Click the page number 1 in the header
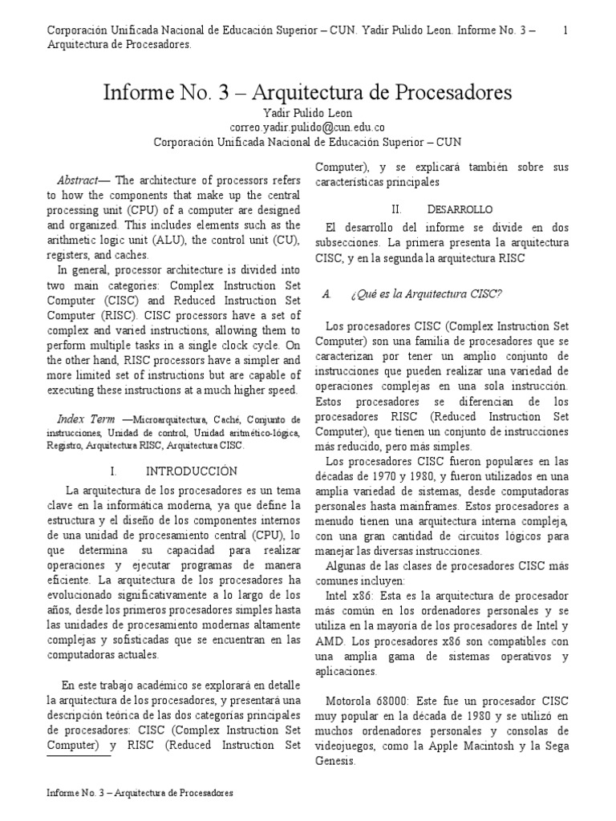pyautogui.click(x=566, y=30)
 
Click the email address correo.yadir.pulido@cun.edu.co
pyautogui.click(x=307, y=127)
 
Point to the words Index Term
pyautogui.click(x=86, y=419)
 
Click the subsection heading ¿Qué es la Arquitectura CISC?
pyautogui.click(x=426, y=293)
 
